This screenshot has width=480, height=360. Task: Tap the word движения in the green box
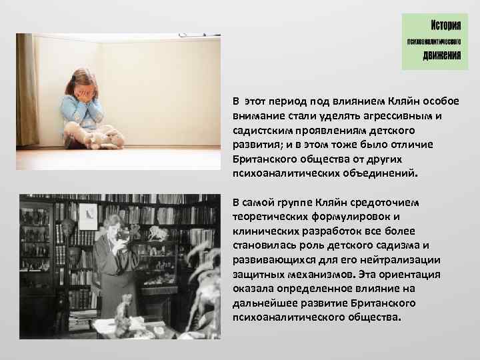(x=442, y=55)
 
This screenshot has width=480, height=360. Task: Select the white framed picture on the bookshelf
(x=87, y=213)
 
